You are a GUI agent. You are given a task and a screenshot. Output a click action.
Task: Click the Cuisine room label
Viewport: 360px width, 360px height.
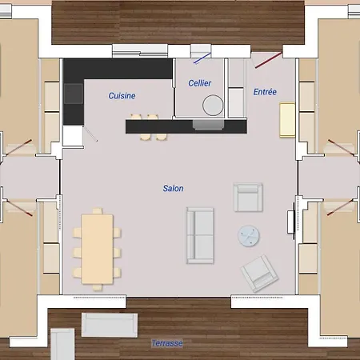coord(122,95)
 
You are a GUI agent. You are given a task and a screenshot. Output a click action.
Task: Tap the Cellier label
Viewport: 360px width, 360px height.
coord(200,83)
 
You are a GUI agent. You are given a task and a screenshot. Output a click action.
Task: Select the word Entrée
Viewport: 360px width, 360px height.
coord(265,92)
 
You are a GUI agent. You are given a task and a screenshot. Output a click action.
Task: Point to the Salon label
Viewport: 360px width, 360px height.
coord(174,188)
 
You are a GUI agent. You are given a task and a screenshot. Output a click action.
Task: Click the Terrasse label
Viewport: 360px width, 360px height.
coord(167,343)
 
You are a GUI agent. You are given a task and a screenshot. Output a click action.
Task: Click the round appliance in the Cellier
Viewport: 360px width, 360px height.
coord(213,105)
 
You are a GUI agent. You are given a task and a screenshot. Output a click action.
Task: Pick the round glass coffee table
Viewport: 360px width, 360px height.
coord(248,236)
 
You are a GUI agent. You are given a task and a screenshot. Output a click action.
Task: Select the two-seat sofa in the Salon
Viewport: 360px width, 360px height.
coord(200,235)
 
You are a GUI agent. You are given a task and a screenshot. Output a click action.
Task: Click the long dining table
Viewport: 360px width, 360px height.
coord(97,249)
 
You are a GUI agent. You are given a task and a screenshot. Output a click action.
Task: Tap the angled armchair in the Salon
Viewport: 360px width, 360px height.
coord(259,273)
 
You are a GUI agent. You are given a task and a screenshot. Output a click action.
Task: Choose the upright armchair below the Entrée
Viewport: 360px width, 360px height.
coord(248,197)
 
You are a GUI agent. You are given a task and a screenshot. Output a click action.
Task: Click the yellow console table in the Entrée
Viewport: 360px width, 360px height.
coord(287,119)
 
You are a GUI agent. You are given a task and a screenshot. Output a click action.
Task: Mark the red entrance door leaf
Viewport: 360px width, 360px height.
coord(269,60)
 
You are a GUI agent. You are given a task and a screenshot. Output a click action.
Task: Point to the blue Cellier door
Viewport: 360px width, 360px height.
coord(202,58)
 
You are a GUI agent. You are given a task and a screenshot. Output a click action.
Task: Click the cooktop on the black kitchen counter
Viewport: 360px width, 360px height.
coord(74,94)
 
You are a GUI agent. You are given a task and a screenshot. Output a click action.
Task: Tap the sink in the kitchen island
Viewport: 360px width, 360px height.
coord(208,125)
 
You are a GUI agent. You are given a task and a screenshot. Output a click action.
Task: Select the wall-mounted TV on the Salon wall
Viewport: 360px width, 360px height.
coord(291,222)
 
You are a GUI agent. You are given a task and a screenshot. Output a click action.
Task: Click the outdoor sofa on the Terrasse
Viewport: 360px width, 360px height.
coord(110,325)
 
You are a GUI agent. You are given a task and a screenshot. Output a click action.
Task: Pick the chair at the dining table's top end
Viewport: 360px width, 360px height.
coord(98,211)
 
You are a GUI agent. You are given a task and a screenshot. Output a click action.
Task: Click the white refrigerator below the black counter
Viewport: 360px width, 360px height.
coord(73,136)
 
